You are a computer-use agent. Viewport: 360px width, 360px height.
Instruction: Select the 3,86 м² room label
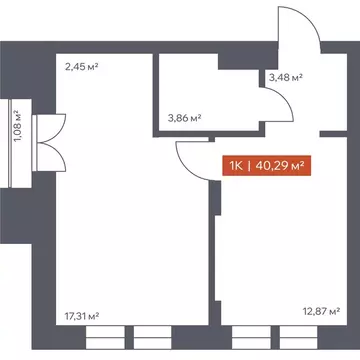[x=182, y=118]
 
